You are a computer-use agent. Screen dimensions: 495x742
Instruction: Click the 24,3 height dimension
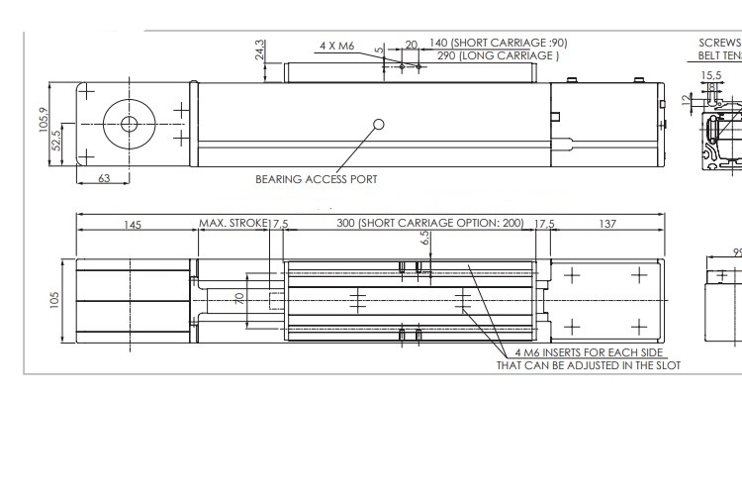[x=260, y=49]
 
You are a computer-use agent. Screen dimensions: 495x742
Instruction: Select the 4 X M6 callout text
[x=338, y=46]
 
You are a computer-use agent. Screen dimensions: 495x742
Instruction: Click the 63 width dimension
[x=104, y=179]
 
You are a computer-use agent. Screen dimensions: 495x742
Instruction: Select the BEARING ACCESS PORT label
[x=316, y=179]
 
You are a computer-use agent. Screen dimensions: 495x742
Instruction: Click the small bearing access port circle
[x=378, y=124]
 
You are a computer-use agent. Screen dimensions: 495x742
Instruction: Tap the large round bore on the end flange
[x=129, y=124]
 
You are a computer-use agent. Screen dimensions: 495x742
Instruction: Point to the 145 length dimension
[x=133, y=224]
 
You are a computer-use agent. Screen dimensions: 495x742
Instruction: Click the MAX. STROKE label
[x=233, y=223]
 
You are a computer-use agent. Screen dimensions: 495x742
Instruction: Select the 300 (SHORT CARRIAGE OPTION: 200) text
[x=429, y=223]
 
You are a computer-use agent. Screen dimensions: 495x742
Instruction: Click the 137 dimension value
[x=607, y=224]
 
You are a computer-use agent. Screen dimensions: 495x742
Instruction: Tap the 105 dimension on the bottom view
[x=56, y=299]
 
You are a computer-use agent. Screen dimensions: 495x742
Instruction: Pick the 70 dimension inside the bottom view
[x=237, y=298]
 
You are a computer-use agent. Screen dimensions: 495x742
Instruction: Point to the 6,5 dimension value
[x=424, y=239]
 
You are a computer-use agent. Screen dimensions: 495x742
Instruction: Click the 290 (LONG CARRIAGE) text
[x=498, y=55]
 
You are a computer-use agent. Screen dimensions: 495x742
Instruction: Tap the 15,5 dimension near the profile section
[x=710, y=74]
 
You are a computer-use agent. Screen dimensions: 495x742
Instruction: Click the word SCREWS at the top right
[x=719, y=44]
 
